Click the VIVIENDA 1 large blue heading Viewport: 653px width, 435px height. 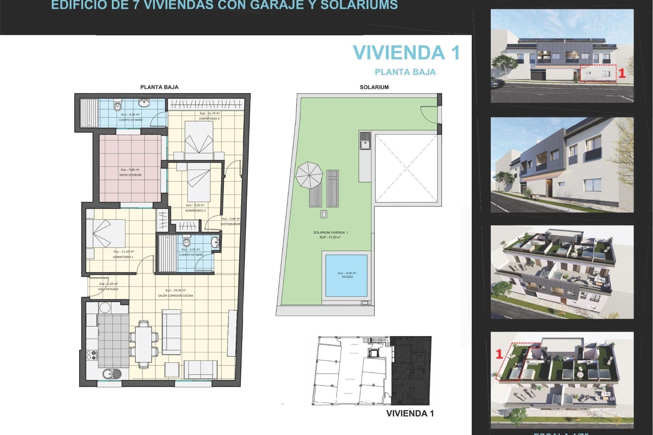point(406,53)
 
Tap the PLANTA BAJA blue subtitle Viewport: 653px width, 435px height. point(405,72)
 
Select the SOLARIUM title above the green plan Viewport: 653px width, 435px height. point(374,87)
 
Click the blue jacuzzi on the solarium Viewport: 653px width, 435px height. point(346,275)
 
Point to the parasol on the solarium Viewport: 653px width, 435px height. point(309,175)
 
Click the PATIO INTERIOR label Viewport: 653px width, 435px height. point(130,175)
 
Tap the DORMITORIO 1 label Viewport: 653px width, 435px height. point(123,257)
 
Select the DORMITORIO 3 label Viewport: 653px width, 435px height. point(209,119)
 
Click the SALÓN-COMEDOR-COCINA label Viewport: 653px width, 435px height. point(175,296)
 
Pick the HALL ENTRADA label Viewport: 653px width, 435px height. point(108,289)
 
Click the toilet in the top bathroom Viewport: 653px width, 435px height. point(117,106)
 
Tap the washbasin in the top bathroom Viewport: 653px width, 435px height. point(144,103)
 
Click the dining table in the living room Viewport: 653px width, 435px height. point(144,344)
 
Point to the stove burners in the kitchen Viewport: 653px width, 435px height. point(91,355)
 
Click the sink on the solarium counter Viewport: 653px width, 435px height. point(365,141)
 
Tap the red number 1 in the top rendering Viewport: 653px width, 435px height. point(622,73)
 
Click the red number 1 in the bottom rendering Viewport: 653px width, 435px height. point(499,354)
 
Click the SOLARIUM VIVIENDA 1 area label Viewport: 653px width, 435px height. point(330,232)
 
